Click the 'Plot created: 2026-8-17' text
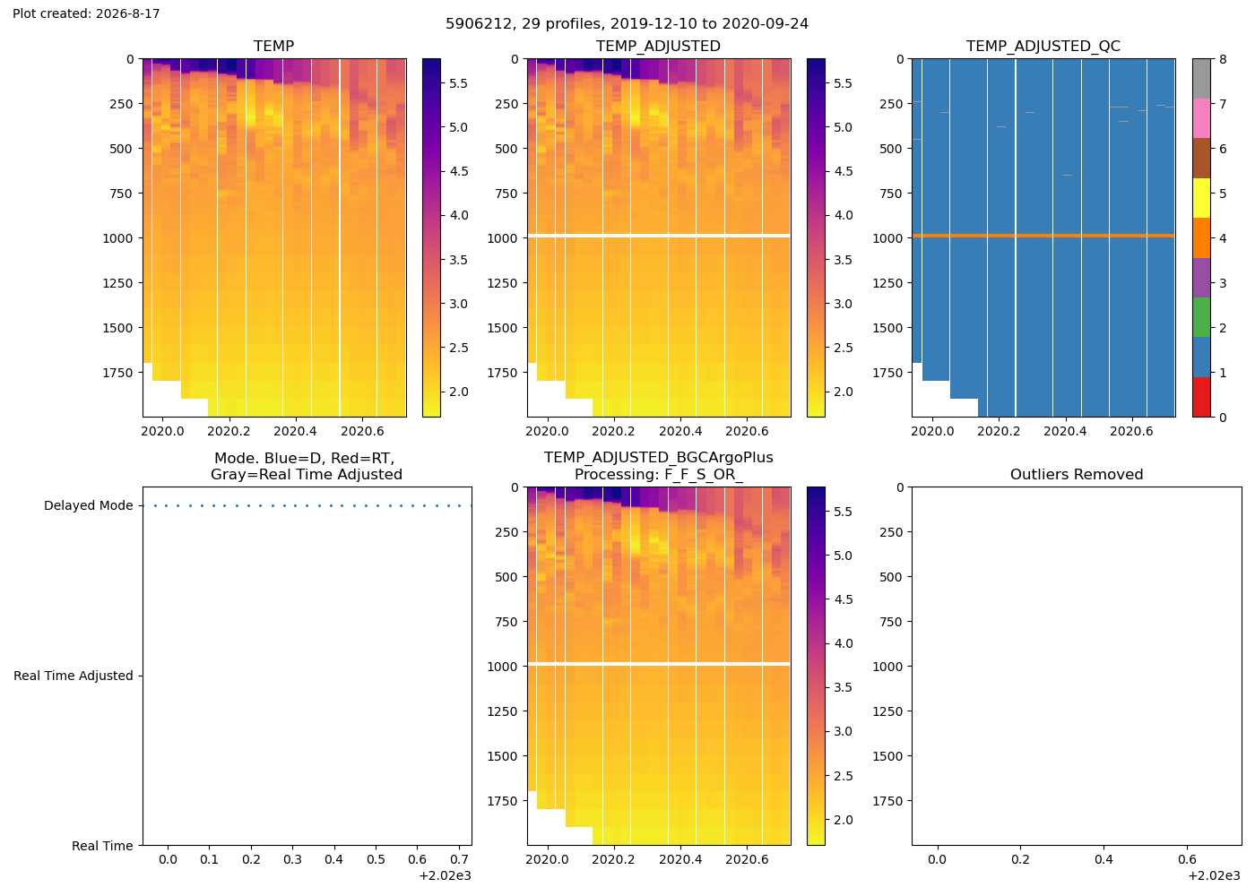[86, 13]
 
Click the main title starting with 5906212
[627, 24]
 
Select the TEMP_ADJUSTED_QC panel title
[1043, 47]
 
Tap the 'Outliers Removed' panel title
[1077, 474]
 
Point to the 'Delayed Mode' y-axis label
[89, 505]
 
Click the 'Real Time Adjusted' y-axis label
[74, 676]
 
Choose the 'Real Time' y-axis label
[102, 846]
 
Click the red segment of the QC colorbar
[1201, 397]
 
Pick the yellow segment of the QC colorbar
[1201, 198]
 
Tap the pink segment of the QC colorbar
[1201, 118]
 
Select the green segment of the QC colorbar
[1201, 317]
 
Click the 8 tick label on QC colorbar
[1223, 59]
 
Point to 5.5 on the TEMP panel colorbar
[458, 83]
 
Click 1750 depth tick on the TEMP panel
[117, 373]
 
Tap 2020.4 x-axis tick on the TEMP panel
[295, 431]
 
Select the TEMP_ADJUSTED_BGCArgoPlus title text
[658, 458]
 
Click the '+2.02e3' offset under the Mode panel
[445, 876]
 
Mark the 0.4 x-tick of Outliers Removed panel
[1104, 859]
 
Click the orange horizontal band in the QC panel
[1043, 236]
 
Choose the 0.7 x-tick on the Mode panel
[459, 859]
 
